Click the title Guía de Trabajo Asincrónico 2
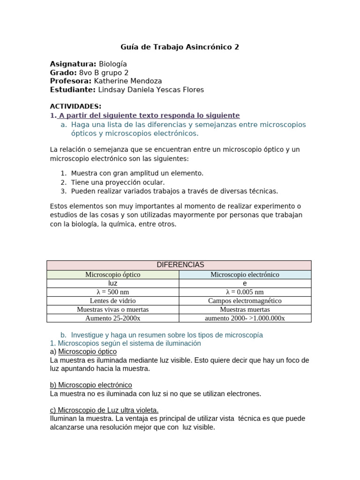pos(180,47)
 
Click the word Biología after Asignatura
pos(112,64)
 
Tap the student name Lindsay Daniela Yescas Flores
pos(150,90)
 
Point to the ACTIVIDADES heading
pos(75,106)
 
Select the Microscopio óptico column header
pos(112,274)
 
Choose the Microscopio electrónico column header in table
pos(245,274)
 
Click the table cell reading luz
pos(112,283)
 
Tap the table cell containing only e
pos(245,283)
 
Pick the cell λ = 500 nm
pos(112,292)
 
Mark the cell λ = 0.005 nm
pos(245,292)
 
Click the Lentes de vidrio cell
pos(112,300)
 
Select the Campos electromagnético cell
pos(245,300)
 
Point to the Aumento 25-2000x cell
pos(112,318)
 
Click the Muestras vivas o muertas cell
pos(112,309)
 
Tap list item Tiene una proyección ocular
pos(118,182)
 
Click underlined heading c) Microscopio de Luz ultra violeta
pos(104,410)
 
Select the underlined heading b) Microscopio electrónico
pos(91,385)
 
